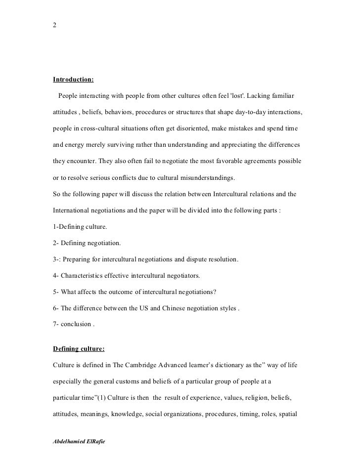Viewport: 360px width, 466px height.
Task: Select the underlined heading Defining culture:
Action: pos(79,348)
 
